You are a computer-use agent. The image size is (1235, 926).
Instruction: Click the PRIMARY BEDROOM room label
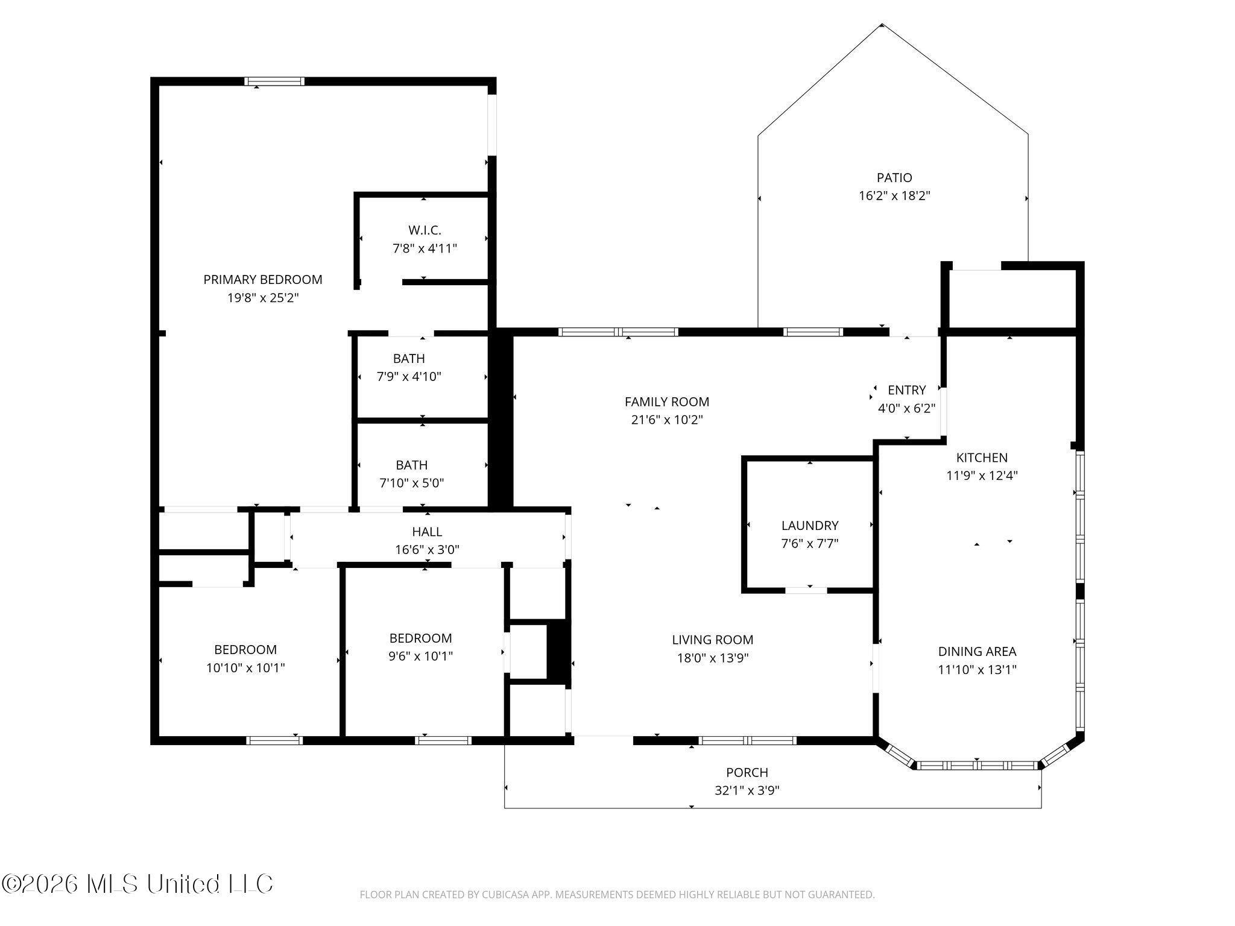click(262, 280)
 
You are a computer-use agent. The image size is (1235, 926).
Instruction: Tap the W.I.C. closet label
click(425, 230)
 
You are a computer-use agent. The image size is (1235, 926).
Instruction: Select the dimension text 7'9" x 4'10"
click(409, 377)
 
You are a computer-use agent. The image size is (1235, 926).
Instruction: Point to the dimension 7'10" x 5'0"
click(412, 483)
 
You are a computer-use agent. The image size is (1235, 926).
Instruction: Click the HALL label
click(427, 532)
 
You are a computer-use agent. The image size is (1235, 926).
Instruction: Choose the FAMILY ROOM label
click(667, 402)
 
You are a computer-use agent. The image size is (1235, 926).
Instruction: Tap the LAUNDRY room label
click(810, 526)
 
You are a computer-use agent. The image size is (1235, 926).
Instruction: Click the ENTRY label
click(906, 390)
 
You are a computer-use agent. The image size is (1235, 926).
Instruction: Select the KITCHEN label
click(982, 458)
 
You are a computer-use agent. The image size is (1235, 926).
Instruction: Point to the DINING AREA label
click(977, 652)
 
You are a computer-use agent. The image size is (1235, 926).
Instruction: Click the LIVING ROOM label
click(713, 640)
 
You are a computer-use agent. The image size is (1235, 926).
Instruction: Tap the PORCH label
click(747, 772)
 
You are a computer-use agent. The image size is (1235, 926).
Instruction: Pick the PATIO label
click(894, 178)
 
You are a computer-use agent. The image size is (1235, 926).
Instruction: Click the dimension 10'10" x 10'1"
click(245, 668)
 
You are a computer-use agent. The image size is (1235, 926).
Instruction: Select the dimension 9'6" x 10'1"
click(421, 656)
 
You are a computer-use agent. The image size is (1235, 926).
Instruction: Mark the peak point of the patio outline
click(882, 25)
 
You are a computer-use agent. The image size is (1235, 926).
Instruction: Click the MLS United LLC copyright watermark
click(137, 884)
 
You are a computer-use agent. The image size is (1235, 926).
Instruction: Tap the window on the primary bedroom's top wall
click(274, 81)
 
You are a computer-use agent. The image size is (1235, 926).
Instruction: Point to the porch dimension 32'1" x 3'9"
click(747, 790)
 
